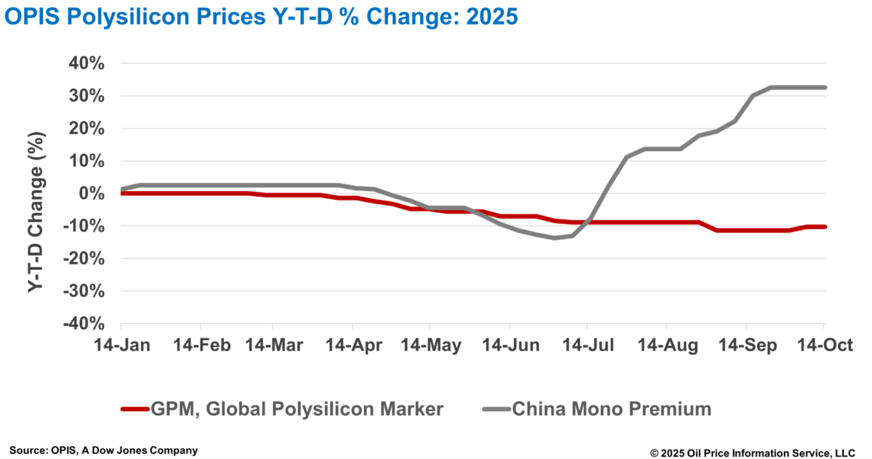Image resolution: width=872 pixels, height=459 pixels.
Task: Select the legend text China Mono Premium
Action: (612, 410)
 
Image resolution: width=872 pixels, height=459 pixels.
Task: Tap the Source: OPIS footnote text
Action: (103, 450)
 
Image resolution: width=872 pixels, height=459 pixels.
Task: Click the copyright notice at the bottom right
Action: (753, 452)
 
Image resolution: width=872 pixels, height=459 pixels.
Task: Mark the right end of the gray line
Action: (825, 87)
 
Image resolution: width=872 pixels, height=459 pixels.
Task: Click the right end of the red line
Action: (825, 227)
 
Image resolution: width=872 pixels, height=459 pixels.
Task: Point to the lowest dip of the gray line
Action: (555, 237)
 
